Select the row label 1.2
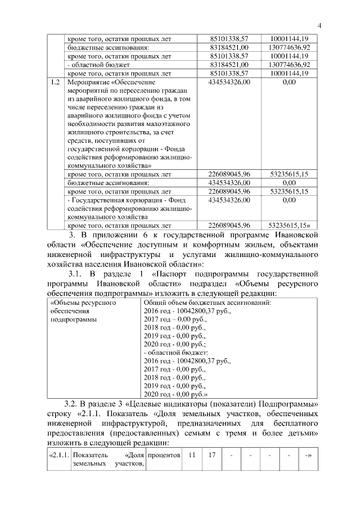[55, 82]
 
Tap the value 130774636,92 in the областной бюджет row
[289, 65]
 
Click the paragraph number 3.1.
[76, 274]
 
